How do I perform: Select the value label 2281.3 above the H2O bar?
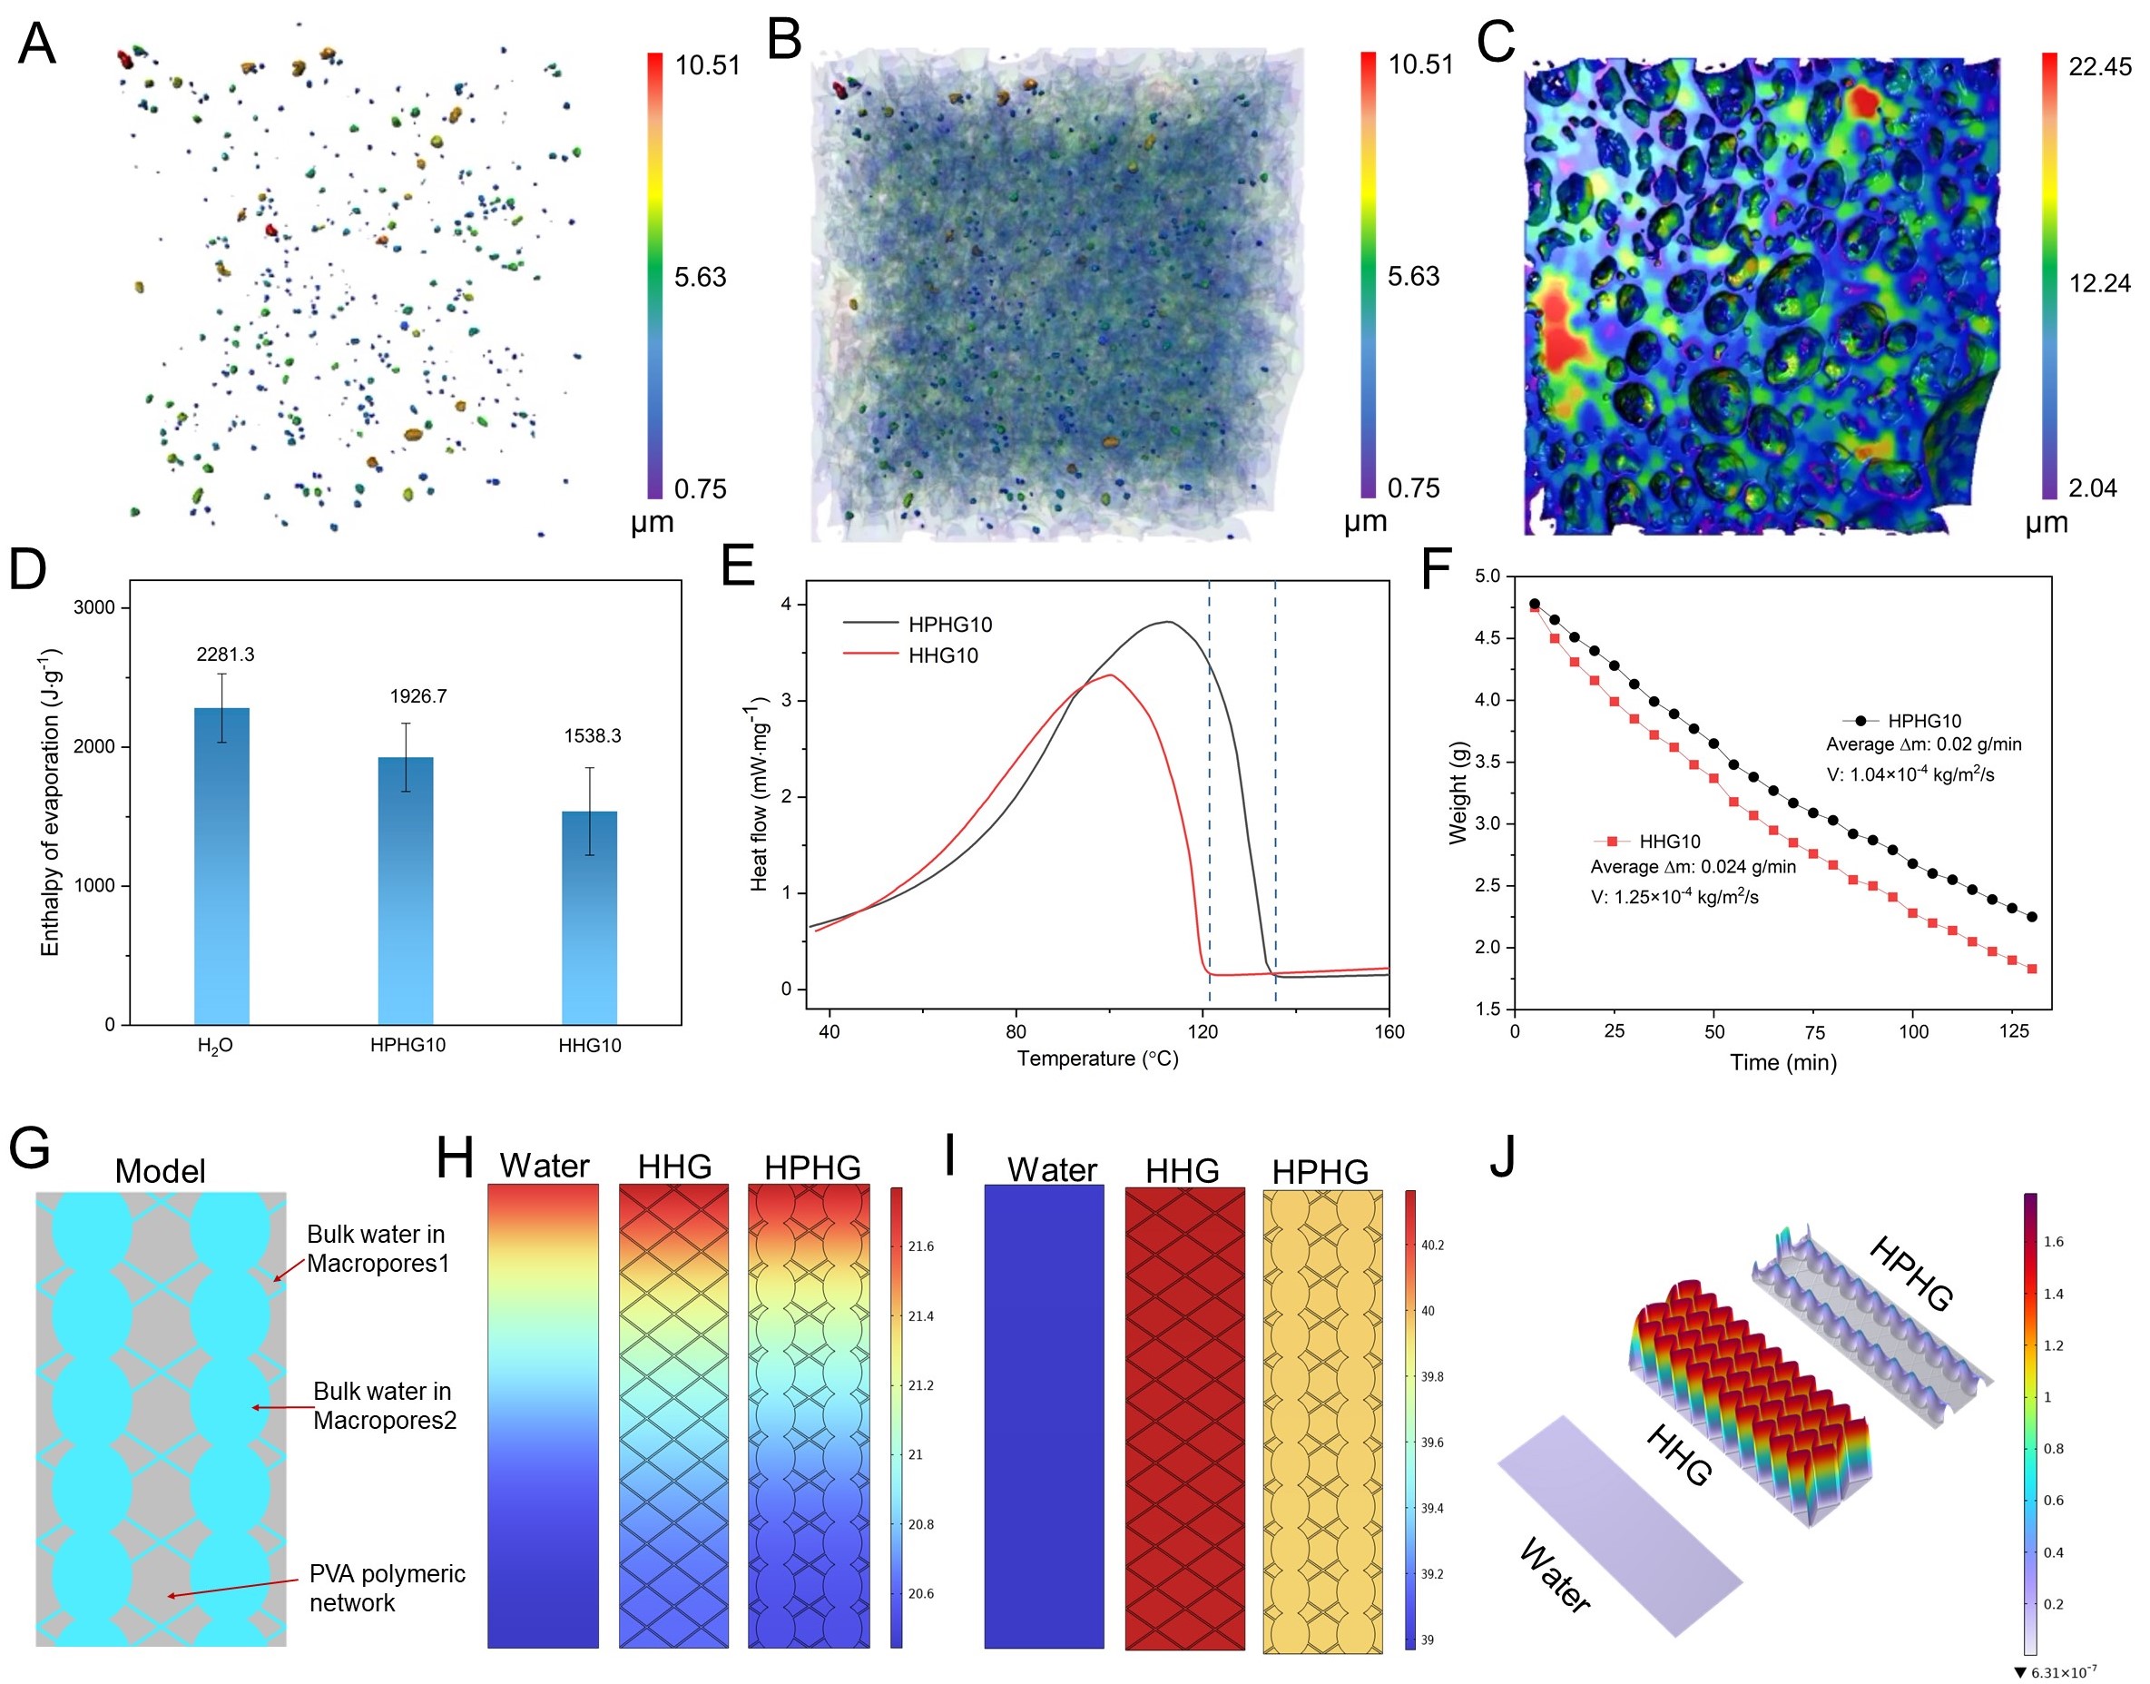225,655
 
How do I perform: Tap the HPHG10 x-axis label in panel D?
407,1045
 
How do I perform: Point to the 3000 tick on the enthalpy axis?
94,607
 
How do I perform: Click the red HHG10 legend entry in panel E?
942,655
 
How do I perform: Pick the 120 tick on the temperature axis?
1203,1031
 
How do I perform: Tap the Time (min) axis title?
1782,1063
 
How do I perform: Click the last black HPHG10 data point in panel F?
2032,917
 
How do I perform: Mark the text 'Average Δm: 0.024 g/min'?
1693,867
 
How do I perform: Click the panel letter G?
30,1148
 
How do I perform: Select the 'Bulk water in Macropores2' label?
385,1405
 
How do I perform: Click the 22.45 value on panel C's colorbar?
2099,66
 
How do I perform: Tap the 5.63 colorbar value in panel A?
700,277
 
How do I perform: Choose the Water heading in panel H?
545,1166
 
